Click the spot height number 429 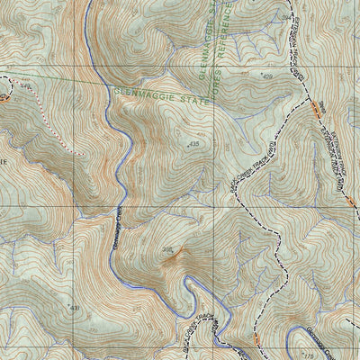[267, 78]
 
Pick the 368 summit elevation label [166, 250]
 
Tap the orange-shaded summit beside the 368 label [173, 261]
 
